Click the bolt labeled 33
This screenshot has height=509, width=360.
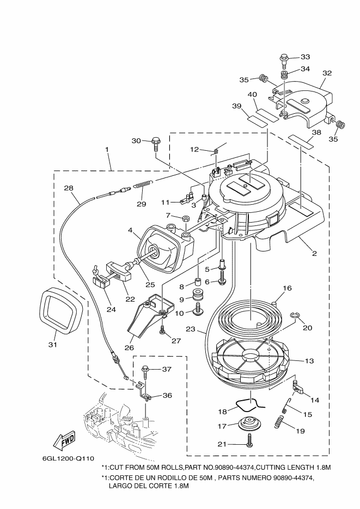pyautogui.click(x=283, y=62)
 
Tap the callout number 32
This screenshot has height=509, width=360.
pyautogui.click(x=327, y=73)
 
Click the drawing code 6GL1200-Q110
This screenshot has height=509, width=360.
pyautogui.click(x=68, y=458)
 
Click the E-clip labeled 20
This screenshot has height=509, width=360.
pyautogui.click(x=294, y=316)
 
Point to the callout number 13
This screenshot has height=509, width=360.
pyautogui.click(x=309, y=360)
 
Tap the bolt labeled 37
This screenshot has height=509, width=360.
pyautogui.click(x=145, y=371)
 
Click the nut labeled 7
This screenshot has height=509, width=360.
pyautogui.click(x=186, y=218)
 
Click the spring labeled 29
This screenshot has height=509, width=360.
pyautogui.click(x=143, y=185)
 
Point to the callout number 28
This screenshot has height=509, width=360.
pyautogui.click(x=69, y=188)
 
